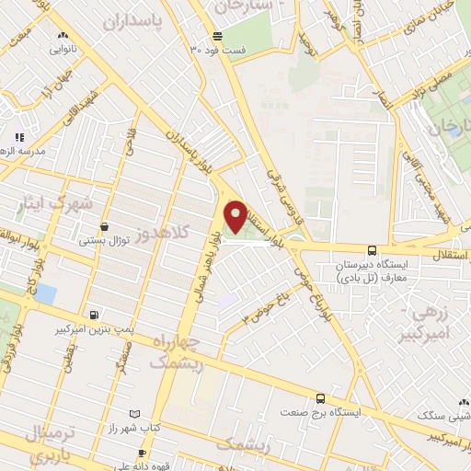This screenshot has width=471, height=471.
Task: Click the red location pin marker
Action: [x=236, y=216]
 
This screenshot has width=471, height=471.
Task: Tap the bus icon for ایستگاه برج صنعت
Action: [x=320, y=398]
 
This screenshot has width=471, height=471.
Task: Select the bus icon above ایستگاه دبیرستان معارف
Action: [x=372, y=250]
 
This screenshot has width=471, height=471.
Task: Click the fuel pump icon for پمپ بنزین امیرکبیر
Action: [x=93, y=315]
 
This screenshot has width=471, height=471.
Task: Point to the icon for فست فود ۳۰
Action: [x=217, y=37]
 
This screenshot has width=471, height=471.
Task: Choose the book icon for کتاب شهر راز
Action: [x=136, y=415]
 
